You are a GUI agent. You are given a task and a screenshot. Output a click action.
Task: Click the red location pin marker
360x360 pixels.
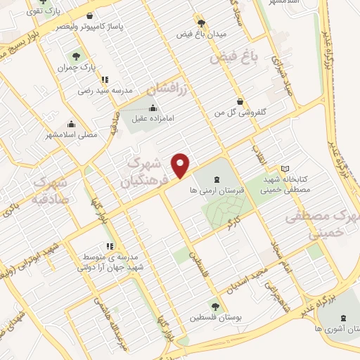point(181,164)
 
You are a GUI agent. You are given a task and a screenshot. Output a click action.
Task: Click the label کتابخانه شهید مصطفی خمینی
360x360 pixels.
point(284,184)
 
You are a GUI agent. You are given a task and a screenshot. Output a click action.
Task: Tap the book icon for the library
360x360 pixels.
point(285,168)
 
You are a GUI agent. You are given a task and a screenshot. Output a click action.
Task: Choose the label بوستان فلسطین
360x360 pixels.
point(216,318)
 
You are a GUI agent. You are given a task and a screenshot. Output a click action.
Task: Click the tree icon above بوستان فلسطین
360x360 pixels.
point(216,306)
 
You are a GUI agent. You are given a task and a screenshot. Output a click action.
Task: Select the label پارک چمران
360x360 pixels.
point(77,67)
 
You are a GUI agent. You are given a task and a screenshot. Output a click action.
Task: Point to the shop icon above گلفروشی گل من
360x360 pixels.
point(241,101)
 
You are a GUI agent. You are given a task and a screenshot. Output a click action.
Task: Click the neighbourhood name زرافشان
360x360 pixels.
point(169,89)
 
